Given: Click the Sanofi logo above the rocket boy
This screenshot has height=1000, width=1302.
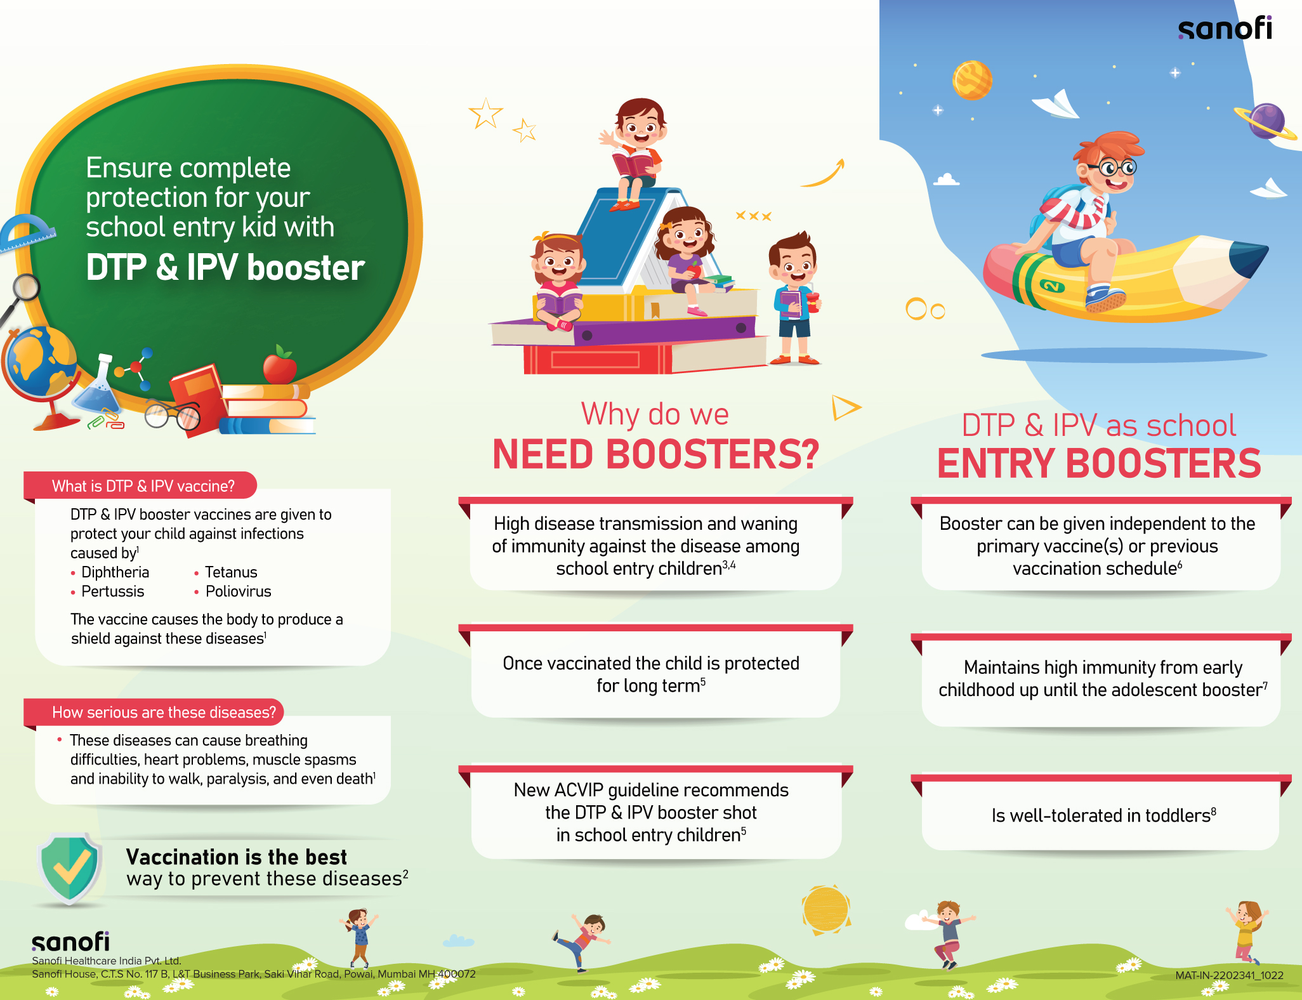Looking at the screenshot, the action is (1225, 28).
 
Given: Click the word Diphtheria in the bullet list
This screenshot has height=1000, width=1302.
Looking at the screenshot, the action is (115, 572).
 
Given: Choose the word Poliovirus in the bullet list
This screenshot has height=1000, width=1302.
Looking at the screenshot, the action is (238, 591).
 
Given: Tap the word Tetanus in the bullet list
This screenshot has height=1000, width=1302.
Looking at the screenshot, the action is (231, 572).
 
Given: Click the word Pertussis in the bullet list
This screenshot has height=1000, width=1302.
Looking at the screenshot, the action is (112, 591).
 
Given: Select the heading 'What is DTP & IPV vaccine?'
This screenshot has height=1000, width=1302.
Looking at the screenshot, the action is (143, 486).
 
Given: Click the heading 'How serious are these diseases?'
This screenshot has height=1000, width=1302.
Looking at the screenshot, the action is (164, 713).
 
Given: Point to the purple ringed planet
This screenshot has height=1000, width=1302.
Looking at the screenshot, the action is (1266, 121).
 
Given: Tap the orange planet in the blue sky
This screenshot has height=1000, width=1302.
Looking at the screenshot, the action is (972, 80).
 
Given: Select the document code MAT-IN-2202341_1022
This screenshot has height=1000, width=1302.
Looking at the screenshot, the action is (1229, 975).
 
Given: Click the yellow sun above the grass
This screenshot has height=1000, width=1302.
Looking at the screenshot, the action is (825, 909).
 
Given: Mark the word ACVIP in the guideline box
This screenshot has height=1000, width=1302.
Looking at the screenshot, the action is (578, 790).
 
